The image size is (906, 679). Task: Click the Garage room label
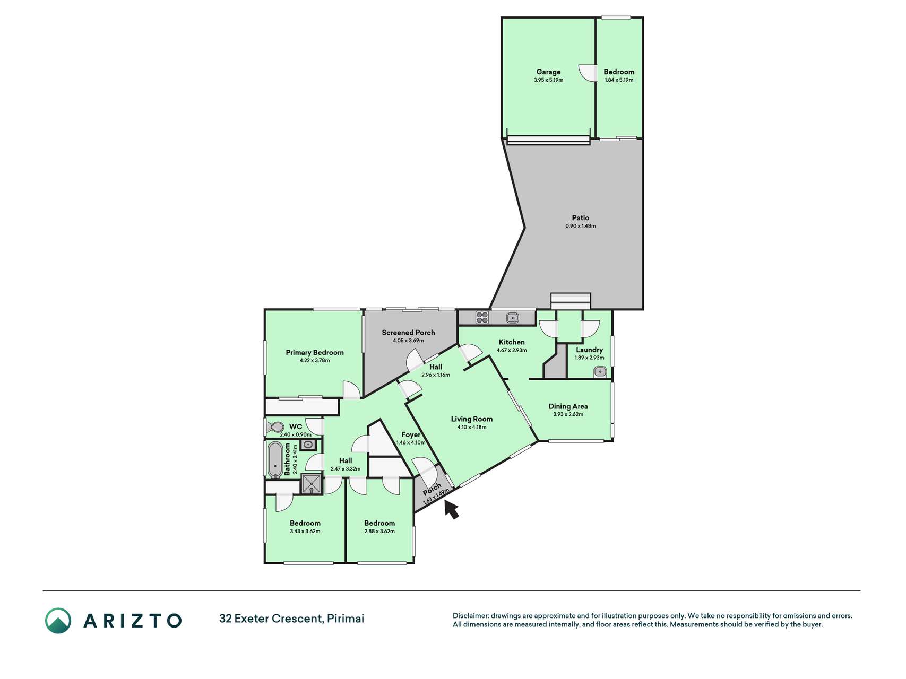[x=548, y=72]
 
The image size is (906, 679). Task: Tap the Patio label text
[x=581, y=217]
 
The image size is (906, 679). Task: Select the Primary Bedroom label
[x=315, y=352]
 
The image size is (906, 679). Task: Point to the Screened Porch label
[x=408, y=333]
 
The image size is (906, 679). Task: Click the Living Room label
[x=472, y=419]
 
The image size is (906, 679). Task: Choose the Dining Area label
[x=568, y=406]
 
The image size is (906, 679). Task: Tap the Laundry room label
[x=589, y=350]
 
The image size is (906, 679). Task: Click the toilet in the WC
[x=275, y=427]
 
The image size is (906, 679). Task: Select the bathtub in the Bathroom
[x=275, y=460]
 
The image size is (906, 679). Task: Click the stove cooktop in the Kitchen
[x=482, y=317]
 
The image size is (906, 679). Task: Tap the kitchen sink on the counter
[x=512, y=318]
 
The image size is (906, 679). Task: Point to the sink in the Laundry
[x=600, y=372]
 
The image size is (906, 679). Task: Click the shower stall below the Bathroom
[x=310, y=484]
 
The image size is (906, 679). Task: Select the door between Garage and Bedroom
[x=587, y=73]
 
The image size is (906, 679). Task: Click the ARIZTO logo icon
[x=58, y=620]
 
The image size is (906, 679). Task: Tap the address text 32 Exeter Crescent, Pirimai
[x=292, y=619]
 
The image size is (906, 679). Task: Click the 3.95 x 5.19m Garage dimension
[x=548, y=80]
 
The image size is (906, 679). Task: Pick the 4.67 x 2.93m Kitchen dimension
[x=512, y=350]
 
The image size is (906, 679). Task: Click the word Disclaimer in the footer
[x=471, y=616]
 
